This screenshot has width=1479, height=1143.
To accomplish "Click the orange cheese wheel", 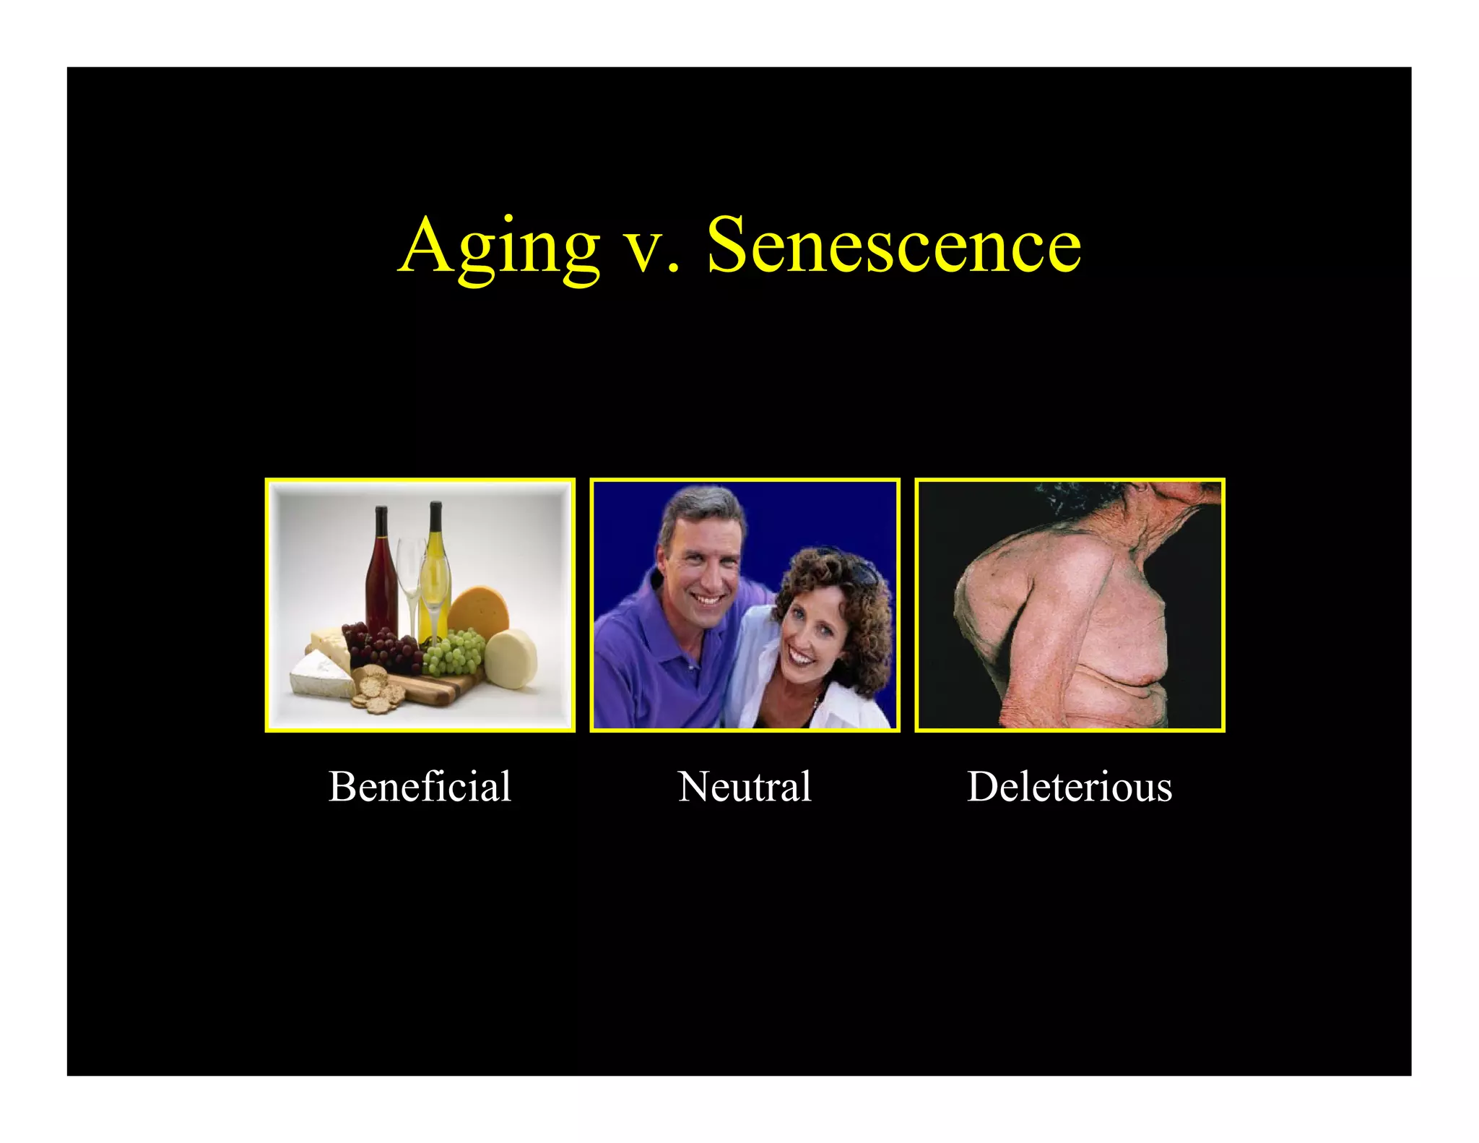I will click(478, 611).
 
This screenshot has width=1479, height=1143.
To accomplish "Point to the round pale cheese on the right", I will click(511, 659).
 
